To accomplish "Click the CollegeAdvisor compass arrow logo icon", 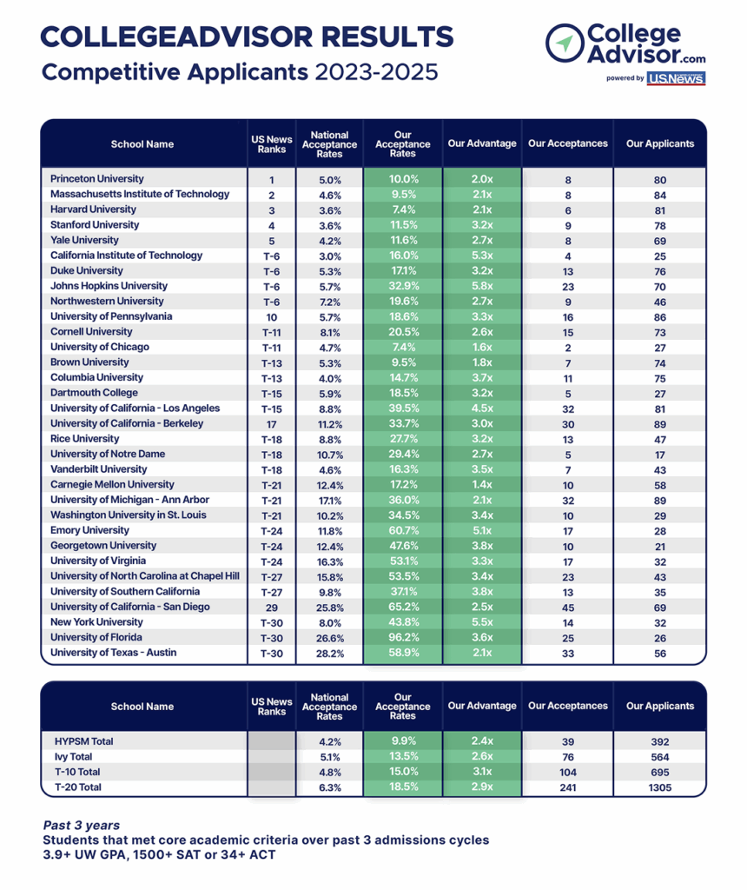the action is pyautogui.click(x=565, y=43).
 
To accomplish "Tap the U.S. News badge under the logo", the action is pyautogui.click(x=676, y=78).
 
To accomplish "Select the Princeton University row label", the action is pyautogui.click(x=97, y=179).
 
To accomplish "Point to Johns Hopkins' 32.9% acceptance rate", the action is pyautogui.click(x=403, y=286).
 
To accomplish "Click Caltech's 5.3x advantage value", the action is pyautogui.click(x=482, y=256).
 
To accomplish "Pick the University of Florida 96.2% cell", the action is pyautogui.click(x=403, y=637).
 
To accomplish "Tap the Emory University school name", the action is pyautogui.click(x=89, y=530).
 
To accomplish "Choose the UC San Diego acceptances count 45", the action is pyautogui.click(x=568, y=608).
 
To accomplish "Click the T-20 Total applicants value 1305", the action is pyautogui.click(x=660, y=787).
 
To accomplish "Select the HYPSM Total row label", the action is pyautogui.click(x=84, y=741).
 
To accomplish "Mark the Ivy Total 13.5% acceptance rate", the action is pyautogui.click(x=403, y=756).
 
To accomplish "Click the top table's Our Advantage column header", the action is pyautogui.click(x=482, y=143).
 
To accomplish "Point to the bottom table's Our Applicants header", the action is pyautogui.click(x=660, y=706).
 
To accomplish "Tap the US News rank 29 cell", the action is pyautogui.click(x=272, y=608).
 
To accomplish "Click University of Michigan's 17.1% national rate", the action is pyautogui.click(x=329, y=501).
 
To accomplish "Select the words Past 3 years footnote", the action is pyautogui.click(x=82, y=826).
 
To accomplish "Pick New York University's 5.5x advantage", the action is pyautogui.click(x=482, y=622).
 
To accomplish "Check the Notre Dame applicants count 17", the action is pyautogui.click(x=660, y=455).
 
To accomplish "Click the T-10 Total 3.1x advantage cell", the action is pyautogui.click(x=482, y=772).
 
